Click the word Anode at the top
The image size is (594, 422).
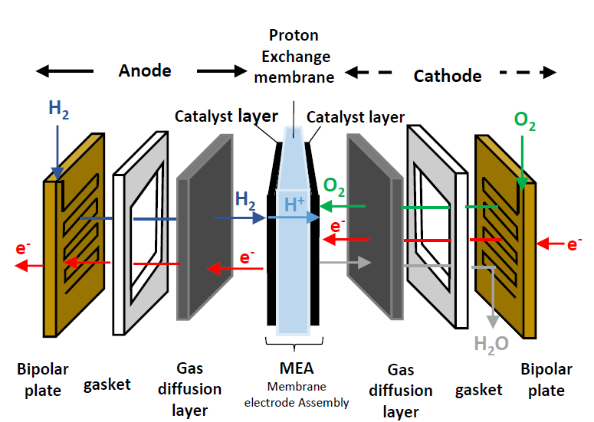click(145, 71)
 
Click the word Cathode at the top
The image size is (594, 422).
click(448, 76)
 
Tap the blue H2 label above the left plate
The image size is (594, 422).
click(58, 108)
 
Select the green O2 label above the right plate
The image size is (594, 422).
click(525, 119)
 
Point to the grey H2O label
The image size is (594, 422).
click(491, 344)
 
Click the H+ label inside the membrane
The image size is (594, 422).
click(295, 204)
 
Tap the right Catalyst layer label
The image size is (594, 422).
click(356, 117)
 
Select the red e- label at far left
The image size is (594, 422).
click(22, 250)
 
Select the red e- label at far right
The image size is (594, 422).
click(573, 245)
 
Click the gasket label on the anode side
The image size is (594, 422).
click(107, 384)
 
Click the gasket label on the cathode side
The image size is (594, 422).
click(479, 389)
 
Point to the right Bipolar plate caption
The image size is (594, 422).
click(546, 380)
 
